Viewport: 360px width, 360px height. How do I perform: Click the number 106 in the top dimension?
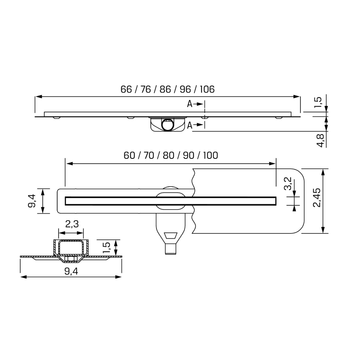tap(207, 89)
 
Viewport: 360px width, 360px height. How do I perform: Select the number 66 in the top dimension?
tap(126, 89)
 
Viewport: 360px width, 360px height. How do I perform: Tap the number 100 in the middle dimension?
tap(211, 155)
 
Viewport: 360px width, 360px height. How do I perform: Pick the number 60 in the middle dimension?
tap(129, 155)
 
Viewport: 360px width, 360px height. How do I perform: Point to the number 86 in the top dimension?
tap(165, 89)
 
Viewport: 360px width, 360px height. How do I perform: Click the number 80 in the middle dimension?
tap(169, 155)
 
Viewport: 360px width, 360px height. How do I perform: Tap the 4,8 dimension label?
tap(320, 141)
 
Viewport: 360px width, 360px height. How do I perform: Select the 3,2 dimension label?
tap(288, 184)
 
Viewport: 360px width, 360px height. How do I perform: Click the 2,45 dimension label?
tap(317, 198)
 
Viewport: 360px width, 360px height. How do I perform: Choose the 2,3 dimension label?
tap(72, 224)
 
